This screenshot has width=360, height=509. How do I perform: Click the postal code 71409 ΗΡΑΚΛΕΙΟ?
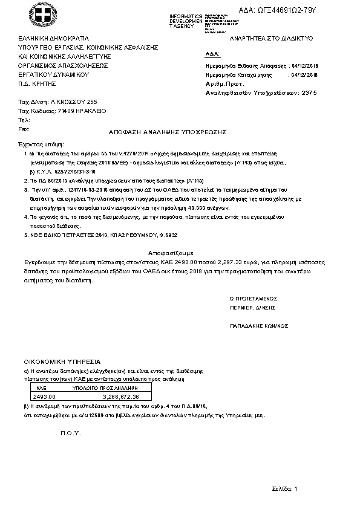tap(80, 111)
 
